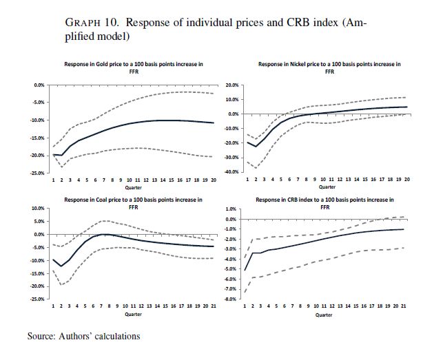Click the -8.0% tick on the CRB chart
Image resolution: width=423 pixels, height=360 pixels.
(x=233, y=299)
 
